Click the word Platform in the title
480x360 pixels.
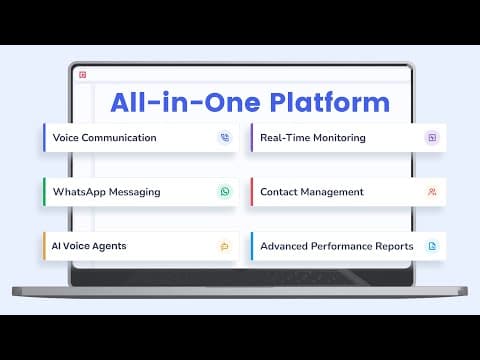(x=330, y=102)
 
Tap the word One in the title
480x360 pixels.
(x=232, y=102)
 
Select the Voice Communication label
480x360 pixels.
(x=104, y=138)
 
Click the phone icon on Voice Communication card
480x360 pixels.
(x=225, y=137)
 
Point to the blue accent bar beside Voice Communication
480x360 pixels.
(x=44, y=137)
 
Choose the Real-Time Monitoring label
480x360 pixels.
(x=313, y=138)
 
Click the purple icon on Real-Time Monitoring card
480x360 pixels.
(x=432, y=137)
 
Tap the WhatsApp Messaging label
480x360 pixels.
(x=106, y=192)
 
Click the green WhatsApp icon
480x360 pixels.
(x=225, y=192)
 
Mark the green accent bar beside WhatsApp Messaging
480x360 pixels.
(x=44, y=192)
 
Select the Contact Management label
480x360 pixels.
(x=312, y=192)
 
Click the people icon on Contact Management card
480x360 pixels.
(x=432, y=192)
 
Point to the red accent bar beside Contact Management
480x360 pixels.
(x=252, y=192)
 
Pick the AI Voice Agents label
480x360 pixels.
(x=89, y=246)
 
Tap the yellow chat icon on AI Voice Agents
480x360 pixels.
(x=225, y=246)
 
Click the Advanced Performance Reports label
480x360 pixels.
(x=337, y=246)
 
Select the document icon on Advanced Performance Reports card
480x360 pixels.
(x=432, y=246)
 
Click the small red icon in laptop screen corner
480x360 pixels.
(x=83, y=75)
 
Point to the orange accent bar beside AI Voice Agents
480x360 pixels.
(x=44, y=246)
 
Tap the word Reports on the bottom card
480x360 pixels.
(x=394, y=246)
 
